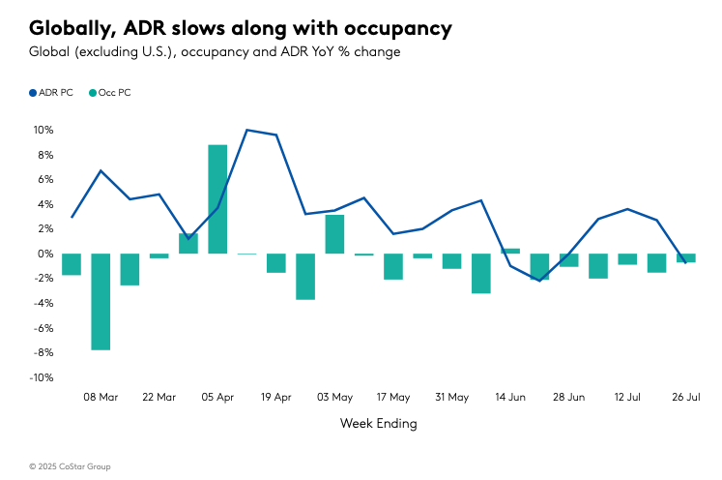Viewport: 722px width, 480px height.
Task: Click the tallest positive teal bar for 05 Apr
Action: tap(217, 198)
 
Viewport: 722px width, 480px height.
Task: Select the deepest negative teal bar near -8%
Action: tap(101, 301)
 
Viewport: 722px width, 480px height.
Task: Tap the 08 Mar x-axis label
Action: tap(101, 397)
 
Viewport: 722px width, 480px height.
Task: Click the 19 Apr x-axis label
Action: tap(276, 397)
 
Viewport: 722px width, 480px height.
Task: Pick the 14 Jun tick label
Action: tap(510, 397)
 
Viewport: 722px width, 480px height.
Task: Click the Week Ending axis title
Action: tap(379, 423)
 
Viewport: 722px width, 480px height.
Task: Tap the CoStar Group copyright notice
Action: tap(70, 466)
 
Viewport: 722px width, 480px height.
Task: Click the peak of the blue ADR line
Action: tap(247, 130)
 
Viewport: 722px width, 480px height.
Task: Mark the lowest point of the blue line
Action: tap(539, 281)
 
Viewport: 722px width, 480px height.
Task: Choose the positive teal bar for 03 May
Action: tap(334, 234)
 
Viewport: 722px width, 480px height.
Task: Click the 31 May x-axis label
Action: tap(451, 397)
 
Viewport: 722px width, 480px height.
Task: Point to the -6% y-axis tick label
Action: tap(43, 328)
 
